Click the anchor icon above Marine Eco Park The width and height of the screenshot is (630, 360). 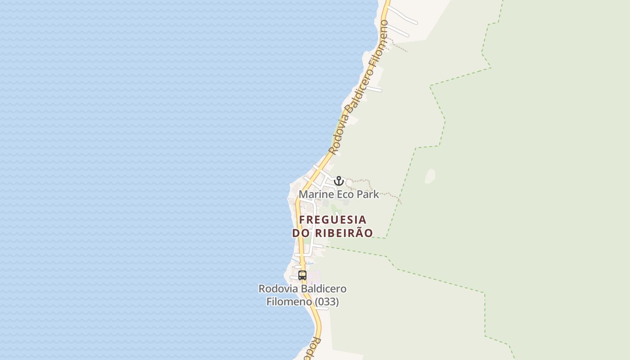[x=339, y=181]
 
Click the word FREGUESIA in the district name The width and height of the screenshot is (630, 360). [x=333, y=220]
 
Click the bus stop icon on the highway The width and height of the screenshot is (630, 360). [x=302, y=275]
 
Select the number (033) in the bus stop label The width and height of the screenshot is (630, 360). [x=327, y=301]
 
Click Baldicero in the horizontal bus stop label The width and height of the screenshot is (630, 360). [x=324, y=288]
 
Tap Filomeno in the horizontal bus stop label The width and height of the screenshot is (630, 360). [x=289, y=301]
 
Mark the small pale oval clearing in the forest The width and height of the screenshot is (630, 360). [x=430, y=176]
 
